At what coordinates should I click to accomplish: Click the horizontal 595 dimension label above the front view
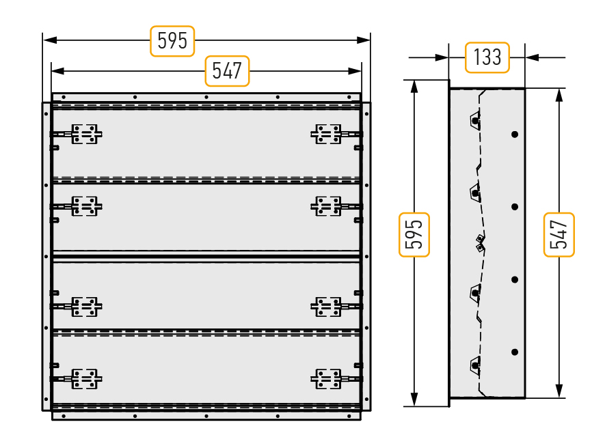(x=172, y=41)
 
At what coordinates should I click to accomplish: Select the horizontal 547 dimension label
(x=227, y=71)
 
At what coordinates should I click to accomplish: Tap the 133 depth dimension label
(x=487, y=57)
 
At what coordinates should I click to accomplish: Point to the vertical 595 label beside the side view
(x=414, y=234)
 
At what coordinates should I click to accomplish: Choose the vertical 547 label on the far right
(x=559, y=234)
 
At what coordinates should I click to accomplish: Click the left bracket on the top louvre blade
(x=85, y=134)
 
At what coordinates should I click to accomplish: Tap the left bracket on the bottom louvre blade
(x=85, y=379)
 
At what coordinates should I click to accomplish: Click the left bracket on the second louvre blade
(x=85, y=206)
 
